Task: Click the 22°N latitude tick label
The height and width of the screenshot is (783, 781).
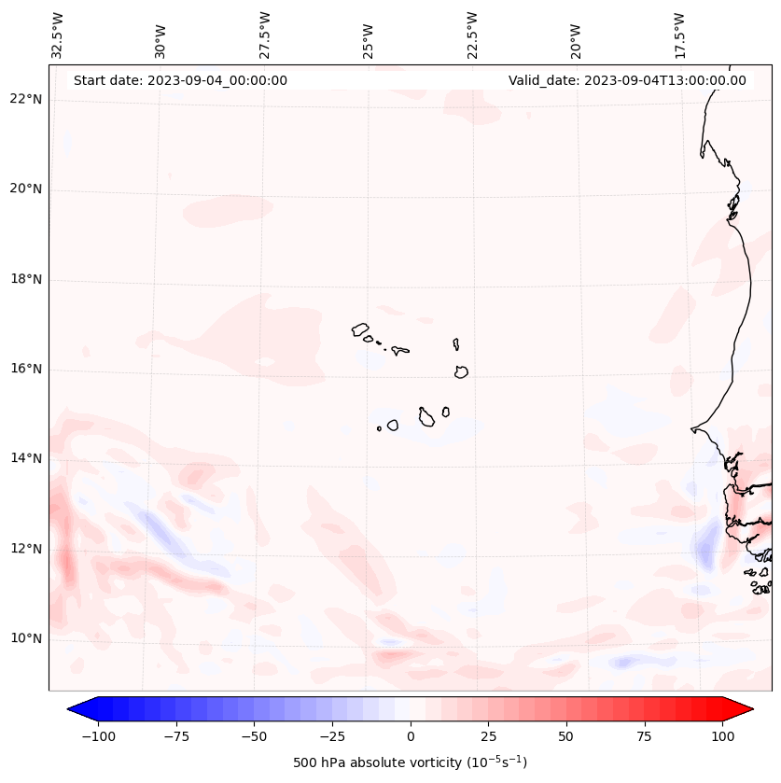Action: pos(27,100)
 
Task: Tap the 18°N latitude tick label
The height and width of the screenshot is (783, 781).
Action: pos(27,279)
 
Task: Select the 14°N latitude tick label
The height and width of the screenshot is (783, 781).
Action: pos(27,458)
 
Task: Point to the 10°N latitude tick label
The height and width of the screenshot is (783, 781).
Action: pos(27,638)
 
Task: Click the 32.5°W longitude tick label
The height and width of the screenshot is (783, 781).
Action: pos(58,35)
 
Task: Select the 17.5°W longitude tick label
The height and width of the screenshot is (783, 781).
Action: pos(679,35)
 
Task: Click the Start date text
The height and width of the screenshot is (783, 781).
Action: pos(180,80)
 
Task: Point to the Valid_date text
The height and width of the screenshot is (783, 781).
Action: pos(627,80)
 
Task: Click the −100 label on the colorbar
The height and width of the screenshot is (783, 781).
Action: pos(98,736)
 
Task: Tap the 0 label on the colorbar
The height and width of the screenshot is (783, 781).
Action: pos(411,736)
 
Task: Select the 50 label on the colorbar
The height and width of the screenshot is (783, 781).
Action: pos(566,736)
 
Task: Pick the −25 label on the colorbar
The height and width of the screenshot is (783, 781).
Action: pos(332,736)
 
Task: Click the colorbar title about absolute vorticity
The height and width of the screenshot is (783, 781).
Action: pos(411,762)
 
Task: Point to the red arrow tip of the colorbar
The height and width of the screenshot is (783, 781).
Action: pos(745,710)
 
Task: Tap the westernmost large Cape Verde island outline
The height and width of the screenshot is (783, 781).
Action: pos(360,329)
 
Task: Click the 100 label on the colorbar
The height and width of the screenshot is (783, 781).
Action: pos(722,736)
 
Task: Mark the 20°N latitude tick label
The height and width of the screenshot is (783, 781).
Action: pos(27,189)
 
